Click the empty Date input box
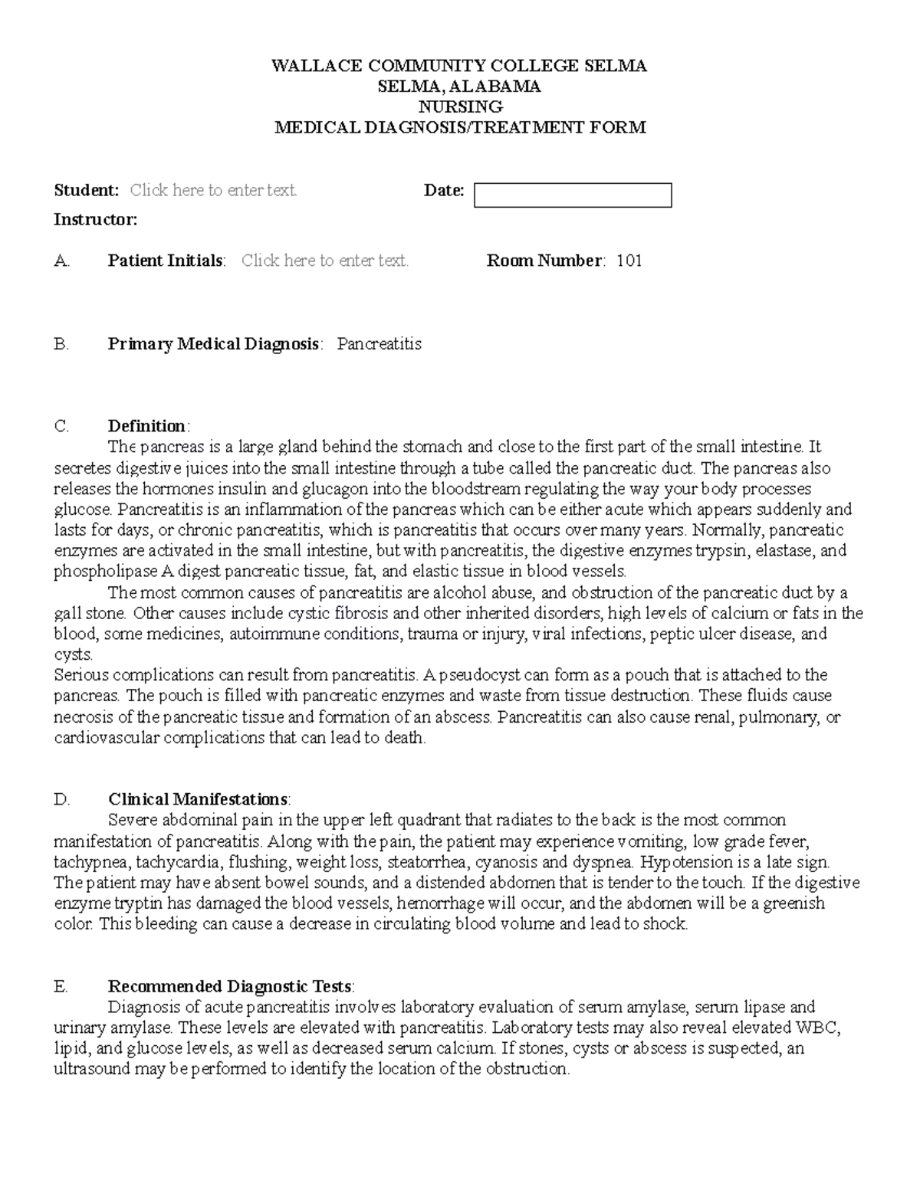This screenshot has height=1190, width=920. pyautogui.click(x=573, y=195)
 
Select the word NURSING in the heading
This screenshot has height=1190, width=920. pyautogui.click(x=460, y=107)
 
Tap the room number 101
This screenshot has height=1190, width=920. pyautogui.click(x=629, y=261)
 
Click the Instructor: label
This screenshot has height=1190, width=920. pyautogui.click(x=96, y=220)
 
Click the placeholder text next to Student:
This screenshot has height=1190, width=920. pyautogui.click(x=213, y=190)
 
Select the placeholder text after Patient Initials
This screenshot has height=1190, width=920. pyautogui.click(x=325, y=261)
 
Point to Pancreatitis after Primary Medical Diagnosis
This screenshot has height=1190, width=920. pyautogui.click(x=379, y=344)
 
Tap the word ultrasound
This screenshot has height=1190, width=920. pyautogui.click(x=92, y=1069)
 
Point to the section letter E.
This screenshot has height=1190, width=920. pyautogui.click(x=61, y=986)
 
